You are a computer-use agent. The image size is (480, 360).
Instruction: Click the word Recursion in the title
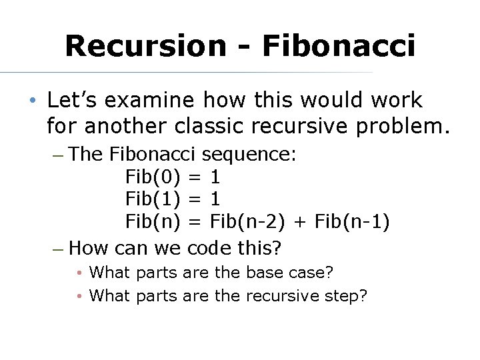point(145,45)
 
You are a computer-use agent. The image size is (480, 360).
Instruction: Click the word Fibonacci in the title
point(339,45)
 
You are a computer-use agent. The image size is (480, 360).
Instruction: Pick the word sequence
point(249,155)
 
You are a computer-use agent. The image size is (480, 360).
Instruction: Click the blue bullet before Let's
point(32,101)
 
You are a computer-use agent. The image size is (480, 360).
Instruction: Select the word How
point(89,249)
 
